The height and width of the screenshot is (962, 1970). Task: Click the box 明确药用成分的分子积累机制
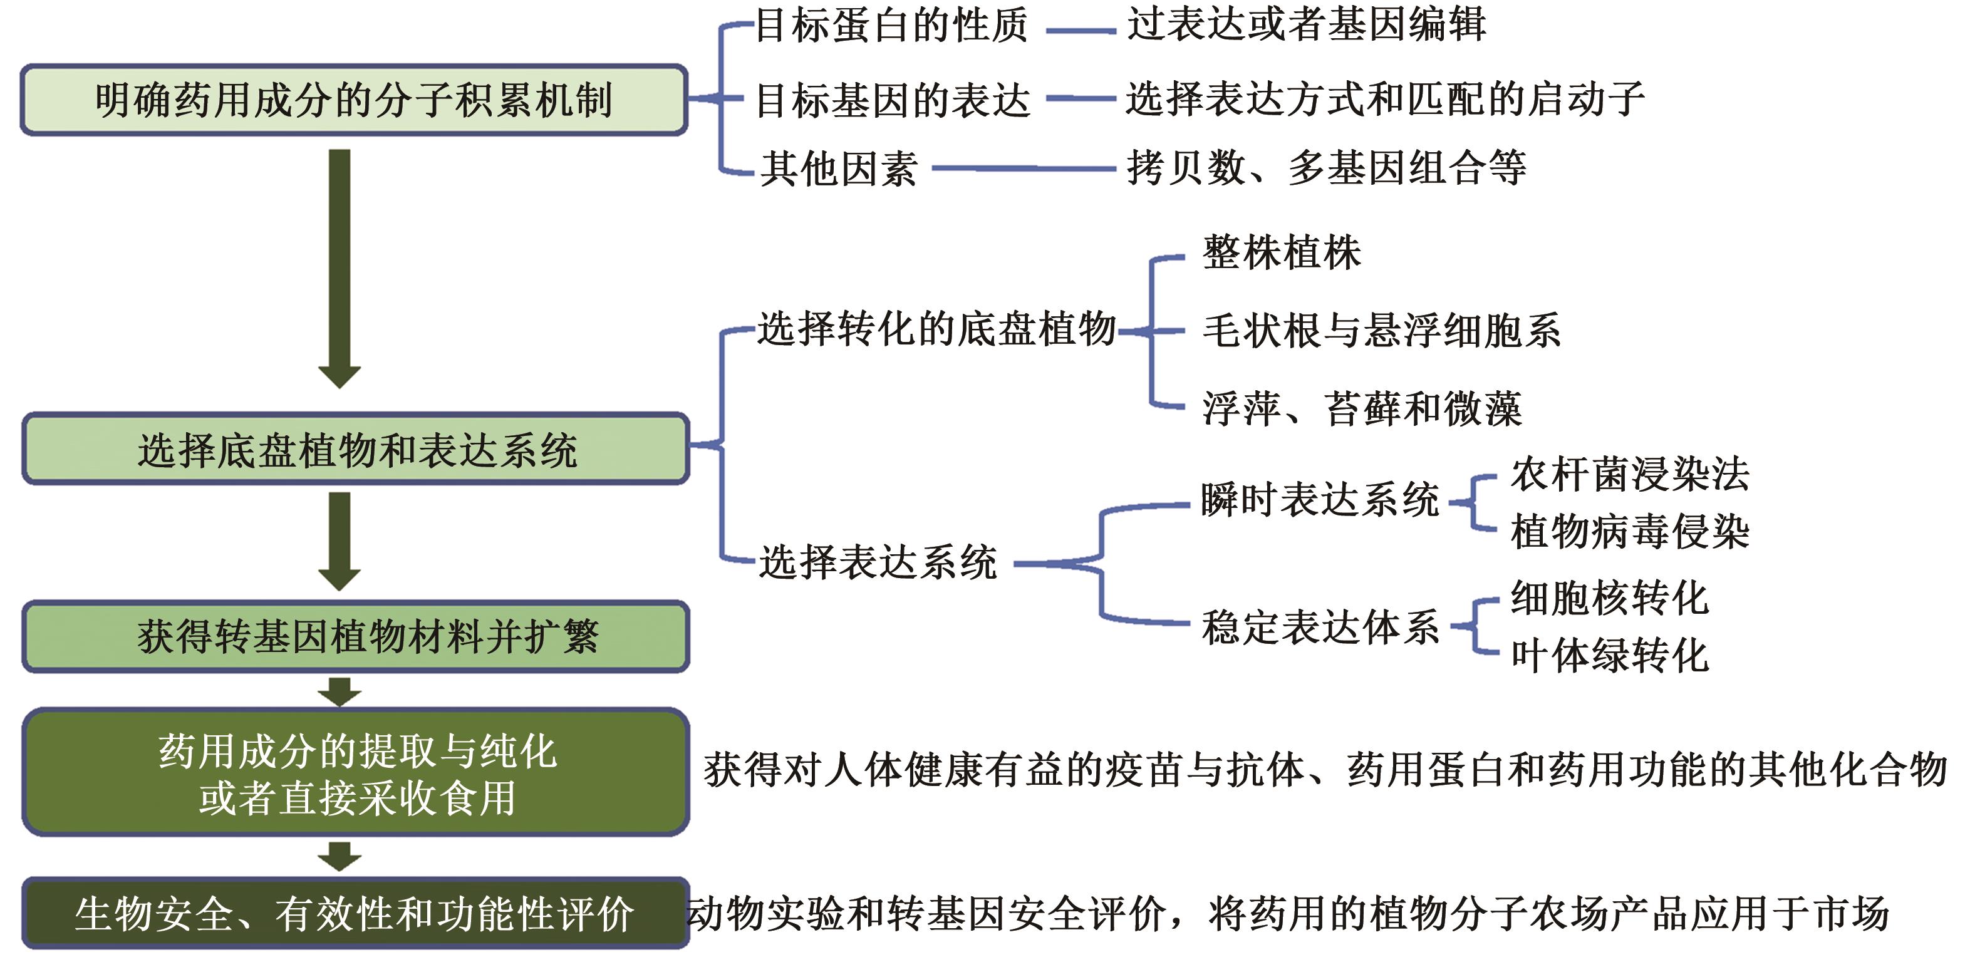pos(354,100)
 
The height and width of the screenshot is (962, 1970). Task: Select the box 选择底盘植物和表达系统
pos(356,449)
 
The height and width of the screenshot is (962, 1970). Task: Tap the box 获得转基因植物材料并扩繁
pos(356,636)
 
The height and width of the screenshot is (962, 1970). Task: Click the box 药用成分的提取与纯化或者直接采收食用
pos(356,772)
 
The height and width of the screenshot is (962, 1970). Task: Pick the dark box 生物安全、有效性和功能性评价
pos(356,913)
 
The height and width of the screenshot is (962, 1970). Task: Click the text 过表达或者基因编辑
pos(1306,24)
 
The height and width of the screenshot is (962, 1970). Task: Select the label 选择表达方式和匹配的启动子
pos(1385,100)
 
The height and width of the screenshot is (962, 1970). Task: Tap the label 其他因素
pos(839,168)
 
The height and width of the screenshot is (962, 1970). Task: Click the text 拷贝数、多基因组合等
pos(1327,167)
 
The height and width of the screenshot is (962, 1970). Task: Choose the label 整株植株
pos(1282,252)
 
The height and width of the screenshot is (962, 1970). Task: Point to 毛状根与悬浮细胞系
pos(1381,331)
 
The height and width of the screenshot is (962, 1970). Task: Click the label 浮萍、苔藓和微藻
pos(1362,408)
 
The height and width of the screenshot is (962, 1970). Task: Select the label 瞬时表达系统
pos(1320,500)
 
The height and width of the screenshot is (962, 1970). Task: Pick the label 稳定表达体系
pos(1320,627)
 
